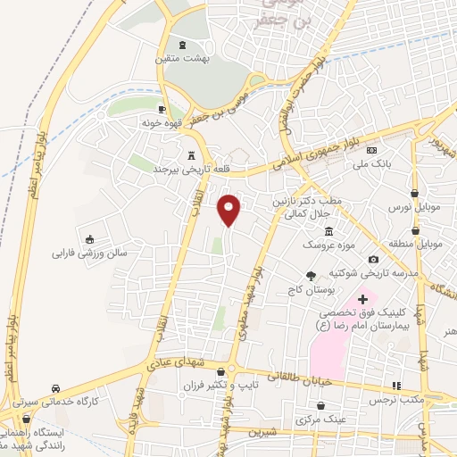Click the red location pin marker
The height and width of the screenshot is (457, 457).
[230, 209]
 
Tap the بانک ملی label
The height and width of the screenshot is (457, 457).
[387, 164]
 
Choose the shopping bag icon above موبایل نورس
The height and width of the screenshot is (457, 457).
[415, 193]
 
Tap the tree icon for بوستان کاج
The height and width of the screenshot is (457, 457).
[311, 277]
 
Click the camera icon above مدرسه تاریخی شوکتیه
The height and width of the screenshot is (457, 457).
[373, 259]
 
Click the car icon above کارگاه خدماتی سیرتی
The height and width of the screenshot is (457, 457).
[56, 388]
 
